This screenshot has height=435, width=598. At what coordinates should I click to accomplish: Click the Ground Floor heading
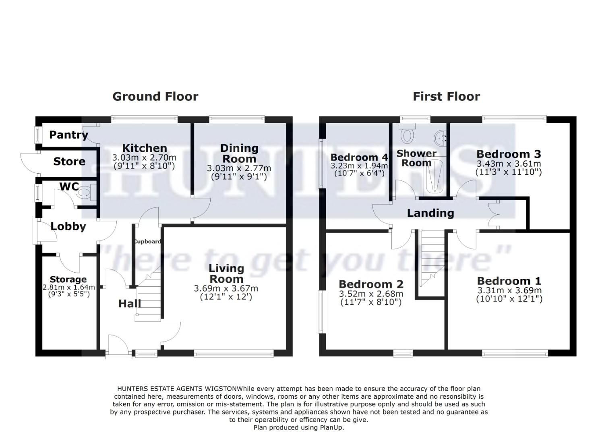tap(155, 97)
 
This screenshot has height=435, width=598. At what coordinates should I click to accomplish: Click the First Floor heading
tap(446, 97)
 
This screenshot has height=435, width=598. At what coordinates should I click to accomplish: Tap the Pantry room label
tap(68, 135)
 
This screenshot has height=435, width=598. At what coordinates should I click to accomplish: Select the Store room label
tap(69, 162)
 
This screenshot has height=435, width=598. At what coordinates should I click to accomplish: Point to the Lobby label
tap(68, 226)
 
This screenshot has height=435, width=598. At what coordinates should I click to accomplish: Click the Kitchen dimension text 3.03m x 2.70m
tap(144, 157)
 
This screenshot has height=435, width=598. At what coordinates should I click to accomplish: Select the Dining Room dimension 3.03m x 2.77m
tap(239, 168)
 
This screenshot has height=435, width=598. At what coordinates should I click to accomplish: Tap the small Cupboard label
tap(147, 242)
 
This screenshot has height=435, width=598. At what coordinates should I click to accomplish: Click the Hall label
tap(129, 304)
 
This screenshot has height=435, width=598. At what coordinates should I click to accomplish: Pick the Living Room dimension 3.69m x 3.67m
tap(226, 288)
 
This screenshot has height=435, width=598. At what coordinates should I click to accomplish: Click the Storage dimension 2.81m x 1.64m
tap(69, 287)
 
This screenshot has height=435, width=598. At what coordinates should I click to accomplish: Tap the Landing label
tap(430, 213)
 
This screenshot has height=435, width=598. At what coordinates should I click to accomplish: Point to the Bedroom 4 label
tap(359, 157)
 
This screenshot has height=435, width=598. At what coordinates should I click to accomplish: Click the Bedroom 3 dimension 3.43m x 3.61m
tap(509, 164)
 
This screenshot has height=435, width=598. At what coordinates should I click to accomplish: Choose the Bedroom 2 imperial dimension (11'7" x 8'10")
tap(371, 302)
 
